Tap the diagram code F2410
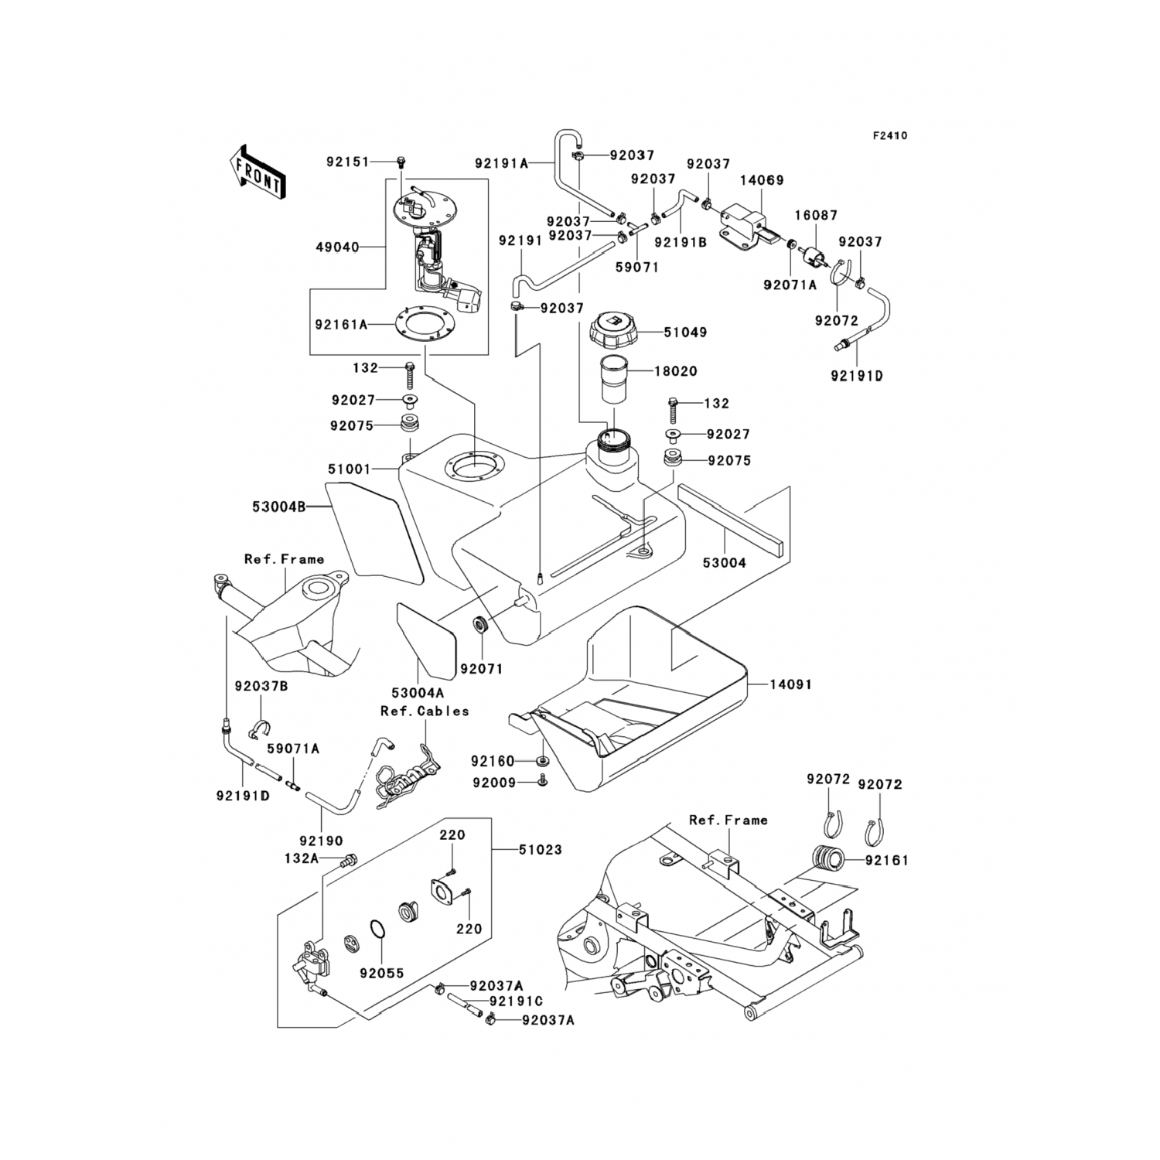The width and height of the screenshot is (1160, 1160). point(890,135)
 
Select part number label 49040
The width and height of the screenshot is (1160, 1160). point(337,247)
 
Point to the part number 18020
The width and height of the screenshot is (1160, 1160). point(676,371)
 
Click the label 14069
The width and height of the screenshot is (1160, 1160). point(762,180)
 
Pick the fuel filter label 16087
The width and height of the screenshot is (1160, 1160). point(815,216)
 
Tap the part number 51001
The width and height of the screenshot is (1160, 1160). point(350,469)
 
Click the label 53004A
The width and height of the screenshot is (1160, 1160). point(419,693)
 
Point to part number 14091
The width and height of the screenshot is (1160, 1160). point(790,684)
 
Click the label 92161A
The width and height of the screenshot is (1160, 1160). point(341,325)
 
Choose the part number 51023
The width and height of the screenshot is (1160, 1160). point(540,849)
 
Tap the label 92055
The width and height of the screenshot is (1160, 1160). point(382,973)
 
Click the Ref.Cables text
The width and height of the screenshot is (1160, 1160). point(425,711)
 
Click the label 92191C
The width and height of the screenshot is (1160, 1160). point(515,1002)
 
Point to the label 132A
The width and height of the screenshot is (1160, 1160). point(301,858)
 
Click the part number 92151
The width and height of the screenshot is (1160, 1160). point(348,162)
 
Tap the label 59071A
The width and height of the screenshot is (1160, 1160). point(293,749)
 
